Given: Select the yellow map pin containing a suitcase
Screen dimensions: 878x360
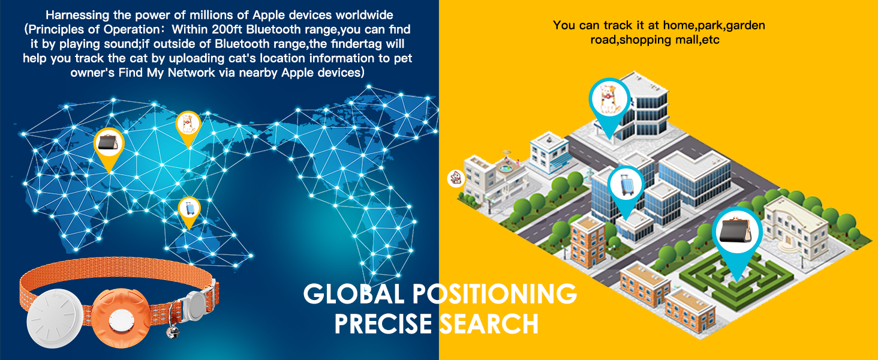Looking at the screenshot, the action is pyautogui.click(x=190, y=212).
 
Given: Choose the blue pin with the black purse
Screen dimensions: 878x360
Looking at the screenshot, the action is pyautogui.click(x=737, y=239).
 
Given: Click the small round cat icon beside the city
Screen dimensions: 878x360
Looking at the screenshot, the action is pyautogui.click(x=456, y=179).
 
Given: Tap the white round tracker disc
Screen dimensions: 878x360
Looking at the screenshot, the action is pyautogui.click(x=55, y=319).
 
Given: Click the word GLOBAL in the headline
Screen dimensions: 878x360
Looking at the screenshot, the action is pyautogui.click(x=354, y=294).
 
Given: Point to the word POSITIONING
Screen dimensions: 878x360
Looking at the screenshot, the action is pyautogui.click(x=495, y=294).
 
